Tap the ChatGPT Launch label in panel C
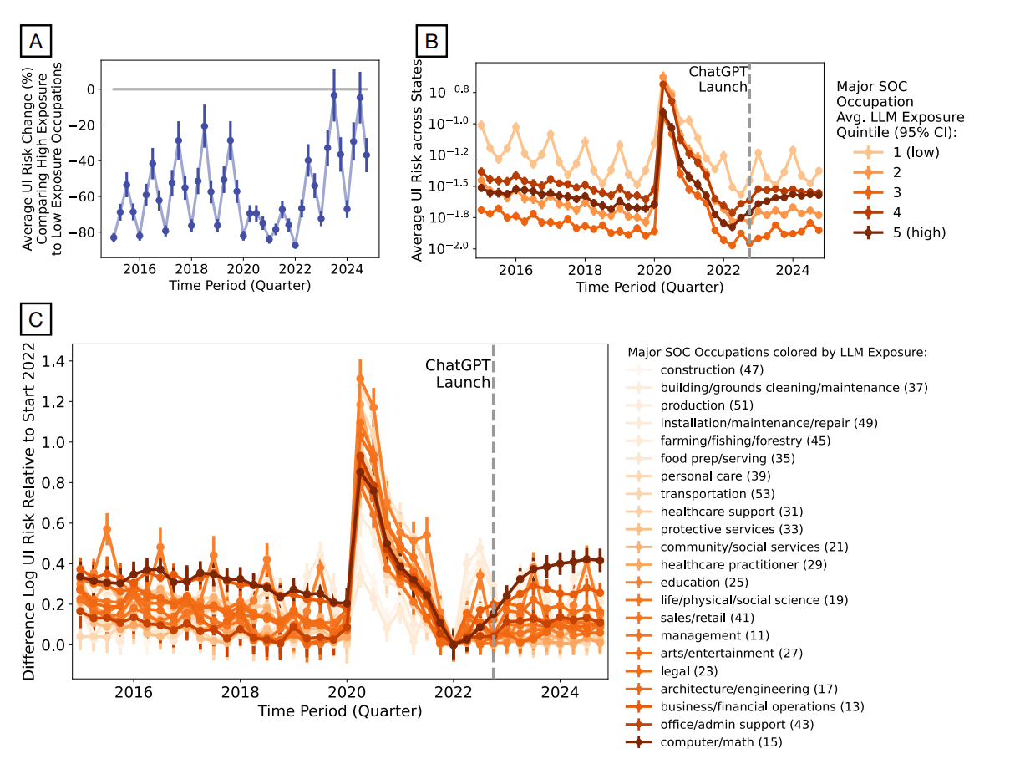(458, 374)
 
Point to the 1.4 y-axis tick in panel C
(52, 362)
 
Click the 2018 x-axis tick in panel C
(240, 693)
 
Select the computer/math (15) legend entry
(721, 741)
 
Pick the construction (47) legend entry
(711, 369)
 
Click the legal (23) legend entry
(688, 670)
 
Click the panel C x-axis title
(339, 712)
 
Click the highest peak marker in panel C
(360, 379)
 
